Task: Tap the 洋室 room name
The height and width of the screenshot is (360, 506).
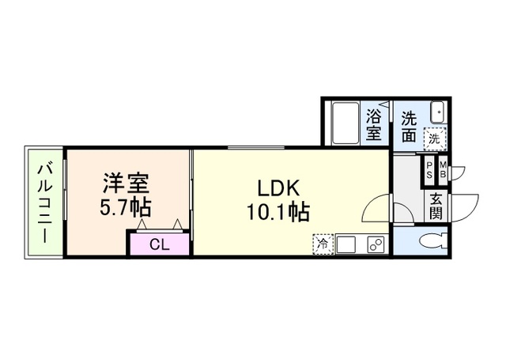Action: pos(125,184)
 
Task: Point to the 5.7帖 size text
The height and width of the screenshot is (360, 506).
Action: pos(125,210)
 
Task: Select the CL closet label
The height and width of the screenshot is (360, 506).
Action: pos(159,244)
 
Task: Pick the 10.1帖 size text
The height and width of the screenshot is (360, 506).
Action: pos(278,213)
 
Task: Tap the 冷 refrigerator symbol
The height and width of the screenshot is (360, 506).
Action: pos(323,244)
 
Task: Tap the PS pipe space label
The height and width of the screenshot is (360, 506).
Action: pos(429,169)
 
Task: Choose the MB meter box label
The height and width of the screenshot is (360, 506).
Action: pos(443,169)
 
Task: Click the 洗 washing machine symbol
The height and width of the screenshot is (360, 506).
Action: pos(434,138)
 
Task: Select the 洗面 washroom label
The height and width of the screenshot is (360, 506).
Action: pos(408,127)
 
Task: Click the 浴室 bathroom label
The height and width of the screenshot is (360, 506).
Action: pos(374,124)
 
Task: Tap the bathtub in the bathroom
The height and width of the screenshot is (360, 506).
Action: pos(344,123)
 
